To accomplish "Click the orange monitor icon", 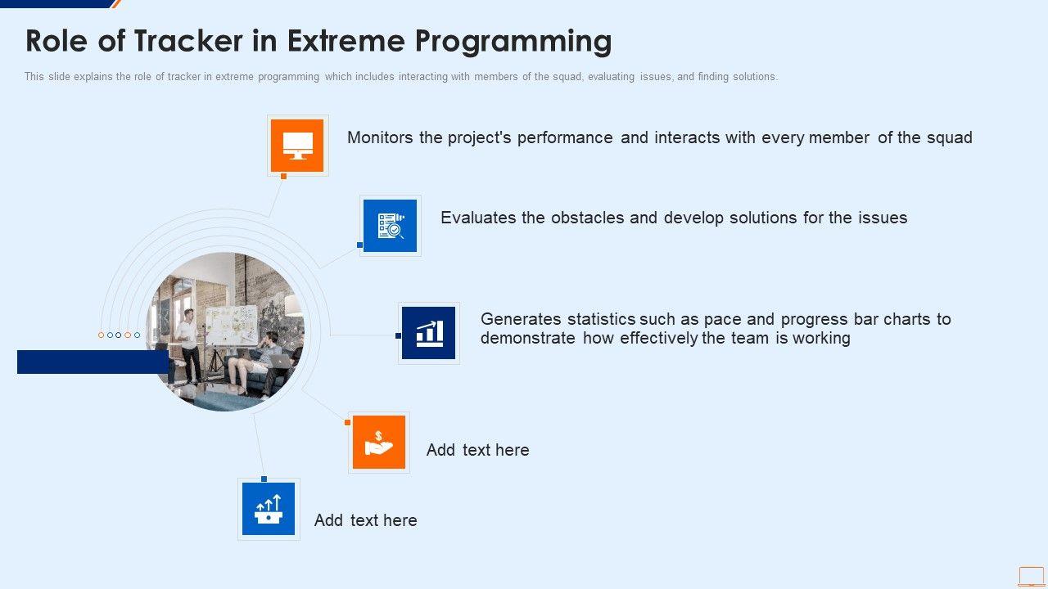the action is (x=297, y=146).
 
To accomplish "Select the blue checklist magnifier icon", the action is (x=390, y=226).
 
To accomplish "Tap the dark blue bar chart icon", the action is (x=428, y=333).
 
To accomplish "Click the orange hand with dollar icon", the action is (x=378, y=442).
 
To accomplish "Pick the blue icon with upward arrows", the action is (x=268, y=509).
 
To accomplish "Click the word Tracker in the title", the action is (x=188, y=41).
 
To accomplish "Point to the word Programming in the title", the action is (x=513, y=42).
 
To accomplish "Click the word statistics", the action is (x=601, y=319).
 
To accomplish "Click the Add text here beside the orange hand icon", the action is (x=477, y=450).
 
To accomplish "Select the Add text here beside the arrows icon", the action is (x=365, y=520).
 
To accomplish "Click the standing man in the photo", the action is (x=190, y=346).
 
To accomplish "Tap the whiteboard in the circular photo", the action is (x=232, y=325).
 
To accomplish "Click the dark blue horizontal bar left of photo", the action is (x=93, y=362).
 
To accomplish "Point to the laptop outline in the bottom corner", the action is (x=1031, y=577).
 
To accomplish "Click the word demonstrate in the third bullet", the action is (x=528, y=338).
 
